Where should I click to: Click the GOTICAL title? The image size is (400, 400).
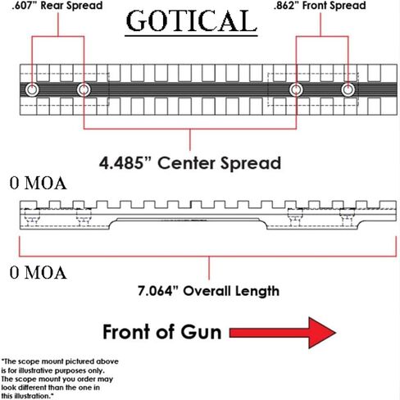click(191, 20)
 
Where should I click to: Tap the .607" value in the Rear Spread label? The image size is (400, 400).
click(25, 6)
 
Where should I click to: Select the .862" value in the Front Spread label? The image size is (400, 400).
click(286, 6)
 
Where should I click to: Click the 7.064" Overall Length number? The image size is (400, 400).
click(158, 291)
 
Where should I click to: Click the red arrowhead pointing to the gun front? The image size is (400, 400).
click(322, 333)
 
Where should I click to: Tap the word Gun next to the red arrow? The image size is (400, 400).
click(201, 332)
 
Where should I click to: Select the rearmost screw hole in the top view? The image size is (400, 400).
click(32, 89)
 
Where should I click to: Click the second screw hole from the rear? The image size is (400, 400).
click(84, 89)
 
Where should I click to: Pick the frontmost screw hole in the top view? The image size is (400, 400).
click(348, 89)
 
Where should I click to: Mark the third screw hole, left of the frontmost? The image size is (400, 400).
click(296, 89)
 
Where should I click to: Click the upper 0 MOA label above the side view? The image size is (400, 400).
click(38, 183)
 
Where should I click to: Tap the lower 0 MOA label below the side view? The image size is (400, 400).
click(38, 272)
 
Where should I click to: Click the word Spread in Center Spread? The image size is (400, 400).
click(251, 164)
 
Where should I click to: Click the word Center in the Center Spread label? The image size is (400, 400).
click(187, 163)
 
